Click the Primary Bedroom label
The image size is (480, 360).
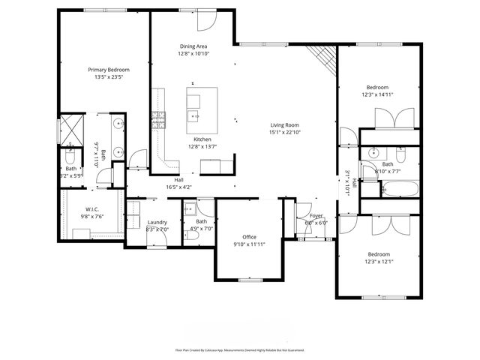click(108, 69)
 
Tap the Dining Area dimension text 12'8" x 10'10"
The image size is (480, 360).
click(193, 54)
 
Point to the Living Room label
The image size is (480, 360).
click(285, 125)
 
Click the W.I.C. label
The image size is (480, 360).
click(92, 209)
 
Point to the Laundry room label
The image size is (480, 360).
click(157, 222)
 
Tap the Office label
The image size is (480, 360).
click(249, 237)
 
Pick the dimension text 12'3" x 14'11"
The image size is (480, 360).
click(376, 94)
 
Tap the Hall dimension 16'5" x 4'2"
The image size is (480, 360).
click(179, 187)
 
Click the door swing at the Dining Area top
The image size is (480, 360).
click(207, 20)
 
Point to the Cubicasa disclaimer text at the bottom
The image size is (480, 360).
click(240, 349)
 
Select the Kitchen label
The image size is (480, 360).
click(202, 139)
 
